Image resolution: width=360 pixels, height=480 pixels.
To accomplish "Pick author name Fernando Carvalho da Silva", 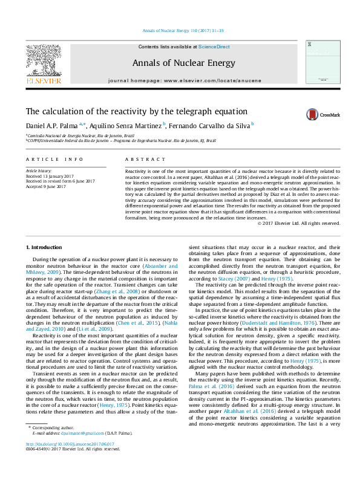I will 210,125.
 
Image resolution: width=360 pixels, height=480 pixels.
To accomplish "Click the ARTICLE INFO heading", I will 54,159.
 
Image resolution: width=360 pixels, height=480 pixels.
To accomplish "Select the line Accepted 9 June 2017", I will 47,186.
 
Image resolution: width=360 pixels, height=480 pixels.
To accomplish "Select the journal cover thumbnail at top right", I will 319,62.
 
